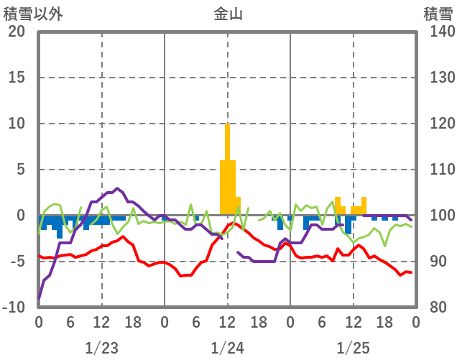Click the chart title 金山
tap(228, 14)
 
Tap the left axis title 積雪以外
tap(33, 14)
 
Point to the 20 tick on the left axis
tap(17, 32)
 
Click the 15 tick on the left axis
tap(17, 78)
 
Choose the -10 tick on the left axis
tap(14, 308)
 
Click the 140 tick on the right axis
tap(438, 32)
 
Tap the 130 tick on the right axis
tap(438, 78)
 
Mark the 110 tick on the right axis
tap(438, 170)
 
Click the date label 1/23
tap(101, 348)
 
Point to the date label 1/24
tap(228, 348)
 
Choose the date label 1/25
tap(353, 348)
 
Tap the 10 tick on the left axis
tap(17, 124)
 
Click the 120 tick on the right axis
tap(438, 124)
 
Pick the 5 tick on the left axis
tap(21, 170)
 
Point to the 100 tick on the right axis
tap(438, 216)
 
